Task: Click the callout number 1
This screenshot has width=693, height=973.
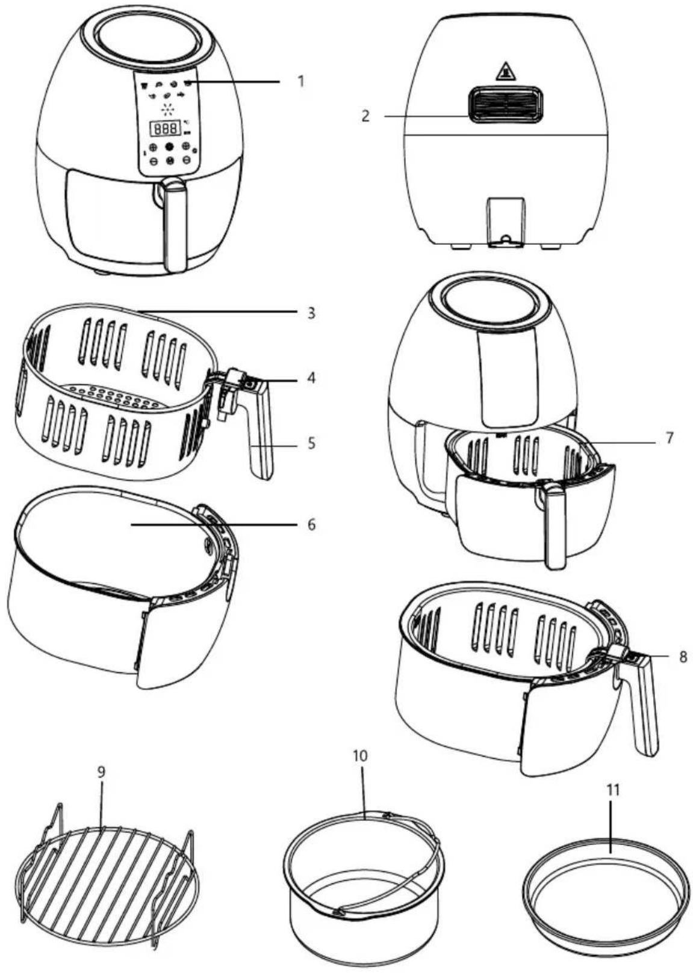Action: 300,81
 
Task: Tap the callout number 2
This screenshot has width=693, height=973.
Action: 366,117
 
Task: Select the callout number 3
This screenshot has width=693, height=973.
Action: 311,313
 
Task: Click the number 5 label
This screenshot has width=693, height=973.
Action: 311,444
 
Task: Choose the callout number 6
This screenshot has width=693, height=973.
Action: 311,525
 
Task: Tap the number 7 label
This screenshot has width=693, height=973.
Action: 669,438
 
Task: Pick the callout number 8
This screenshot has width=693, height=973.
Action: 682,657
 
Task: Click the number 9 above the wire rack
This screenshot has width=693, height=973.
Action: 101,772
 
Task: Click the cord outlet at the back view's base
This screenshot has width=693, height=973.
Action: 505,223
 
